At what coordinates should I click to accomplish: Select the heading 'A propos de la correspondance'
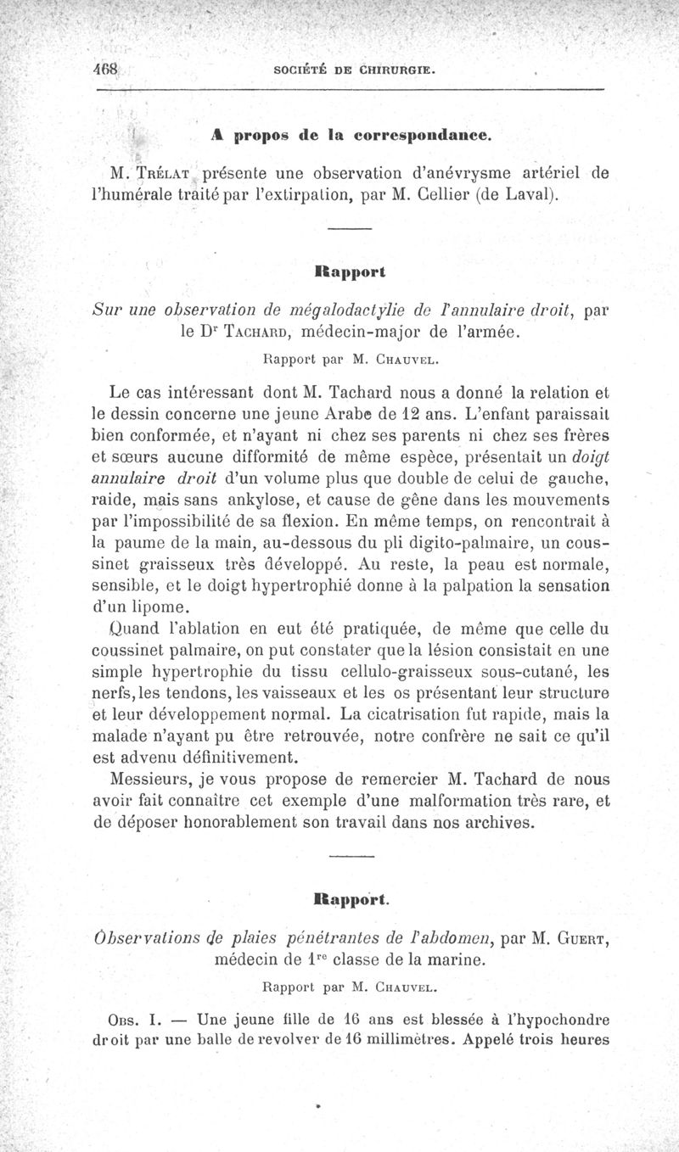tap(351, 135)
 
